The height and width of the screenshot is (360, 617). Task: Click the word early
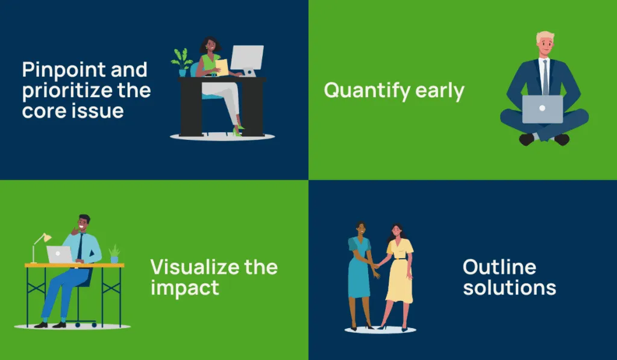(x=439, y=92)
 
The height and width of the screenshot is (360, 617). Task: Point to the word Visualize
(x=195, y=267)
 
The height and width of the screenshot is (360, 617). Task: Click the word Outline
(x=500, y=267)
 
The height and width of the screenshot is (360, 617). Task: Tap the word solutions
(x=510, y=288)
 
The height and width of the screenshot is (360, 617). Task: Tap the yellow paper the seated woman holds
(x=222, y=68)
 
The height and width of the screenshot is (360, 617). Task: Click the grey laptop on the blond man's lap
(x=542, y=109)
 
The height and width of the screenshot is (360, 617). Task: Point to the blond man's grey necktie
(x=545, y=77)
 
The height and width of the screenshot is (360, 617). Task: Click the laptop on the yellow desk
(x=60, y=254)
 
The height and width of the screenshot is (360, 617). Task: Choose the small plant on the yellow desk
(x=114, y=254)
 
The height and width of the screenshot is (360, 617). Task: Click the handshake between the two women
(x=377, y=266)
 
